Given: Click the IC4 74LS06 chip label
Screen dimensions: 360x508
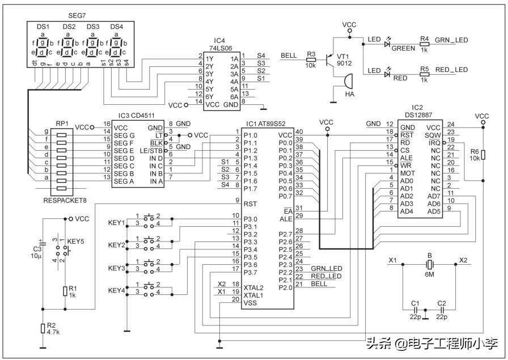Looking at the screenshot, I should (219, 44).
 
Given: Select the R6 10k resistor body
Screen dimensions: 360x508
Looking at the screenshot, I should (481, 155).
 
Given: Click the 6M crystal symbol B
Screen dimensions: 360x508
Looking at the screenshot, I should (429, 265).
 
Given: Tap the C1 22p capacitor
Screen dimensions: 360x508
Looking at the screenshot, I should (416, 310).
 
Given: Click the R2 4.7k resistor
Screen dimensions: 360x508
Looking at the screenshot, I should (43, 329).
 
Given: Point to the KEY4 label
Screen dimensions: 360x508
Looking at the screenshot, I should (116, 291).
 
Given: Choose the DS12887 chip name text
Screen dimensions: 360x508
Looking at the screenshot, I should (417, 115).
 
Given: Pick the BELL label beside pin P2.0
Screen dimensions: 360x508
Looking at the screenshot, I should (319, 283).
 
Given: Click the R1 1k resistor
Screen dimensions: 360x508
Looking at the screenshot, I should (65, 291).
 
